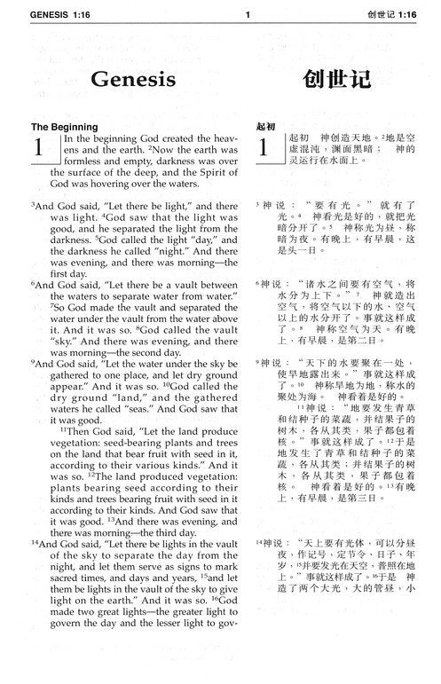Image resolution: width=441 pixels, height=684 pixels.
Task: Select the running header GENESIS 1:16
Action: [43, 13]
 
